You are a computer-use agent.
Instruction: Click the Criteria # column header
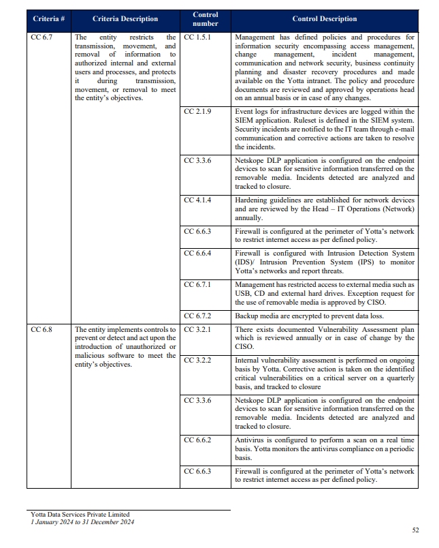click(49, 19)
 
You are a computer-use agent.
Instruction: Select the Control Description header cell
click(324, 19)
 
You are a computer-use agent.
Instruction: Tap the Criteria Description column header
click(125, 19)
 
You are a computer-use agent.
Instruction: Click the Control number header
click(206, 19)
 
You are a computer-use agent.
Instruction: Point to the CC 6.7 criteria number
click(42, 37)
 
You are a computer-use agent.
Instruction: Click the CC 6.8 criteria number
click(42, 329)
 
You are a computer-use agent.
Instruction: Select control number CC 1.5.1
click(197, 37)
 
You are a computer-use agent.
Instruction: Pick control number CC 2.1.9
click(197, 111)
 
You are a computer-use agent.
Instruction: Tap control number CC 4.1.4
click(197, 200)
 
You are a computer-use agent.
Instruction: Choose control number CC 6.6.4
click(197, 254)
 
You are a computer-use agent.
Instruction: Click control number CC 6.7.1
click(197, 284)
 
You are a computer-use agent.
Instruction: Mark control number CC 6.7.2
click(197, 316)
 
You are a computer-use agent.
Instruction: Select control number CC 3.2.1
click(197, 329)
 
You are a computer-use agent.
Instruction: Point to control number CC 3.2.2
click(197, 360)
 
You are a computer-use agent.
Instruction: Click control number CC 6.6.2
click(197, 440)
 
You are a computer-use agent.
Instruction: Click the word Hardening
click(251, 200)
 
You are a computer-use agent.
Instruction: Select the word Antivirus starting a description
click(250, 440)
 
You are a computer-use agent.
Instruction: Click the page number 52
click(416, 530)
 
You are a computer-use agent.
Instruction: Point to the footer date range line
click(82, 522)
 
